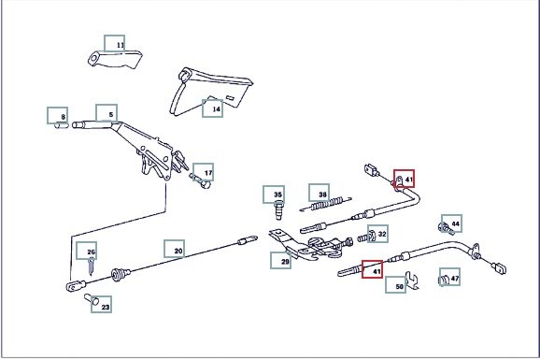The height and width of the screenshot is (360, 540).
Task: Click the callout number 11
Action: [x=115, y=43]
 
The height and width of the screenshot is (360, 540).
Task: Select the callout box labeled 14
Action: [x=212, y=108]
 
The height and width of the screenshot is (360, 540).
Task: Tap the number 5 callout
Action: [x=107, y=113]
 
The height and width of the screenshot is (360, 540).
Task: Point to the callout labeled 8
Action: [x=58, y=116]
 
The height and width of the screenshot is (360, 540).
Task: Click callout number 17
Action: [x=203, y=172]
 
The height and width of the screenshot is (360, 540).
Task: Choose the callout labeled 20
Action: [x=175, y=249]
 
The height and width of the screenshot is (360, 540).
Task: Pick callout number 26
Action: [x=87, y=251]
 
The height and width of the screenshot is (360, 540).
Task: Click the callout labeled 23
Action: [x=101, y=305]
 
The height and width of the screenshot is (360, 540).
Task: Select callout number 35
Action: [x=274, y=194]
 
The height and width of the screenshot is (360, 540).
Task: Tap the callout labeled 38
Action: [x=319, y=193]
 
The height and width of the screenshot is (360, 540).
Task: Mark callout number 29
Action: [x=280, y=260]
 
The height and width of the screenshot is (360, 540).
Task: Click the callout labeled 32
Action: [x=377, y=234]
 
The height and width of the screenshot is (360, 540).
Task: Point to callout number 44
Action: [x=452, y=223]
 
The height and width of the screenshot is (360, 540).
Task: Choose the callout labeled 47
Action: [x=449, y=277]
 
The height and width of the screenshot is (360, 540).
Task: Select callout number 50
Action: [x=396, y=285]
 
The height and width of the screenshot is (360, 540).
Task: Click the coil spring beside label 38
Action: [x=326, y=204]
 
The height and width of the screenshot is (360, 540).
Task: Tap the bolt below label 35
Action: [x=278, y=210]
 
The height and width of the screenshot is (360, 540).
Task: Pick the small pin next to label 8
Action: [x=62, y=125]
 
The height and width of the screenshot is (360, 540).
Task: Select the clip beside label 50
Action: [x=412, y=281]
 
